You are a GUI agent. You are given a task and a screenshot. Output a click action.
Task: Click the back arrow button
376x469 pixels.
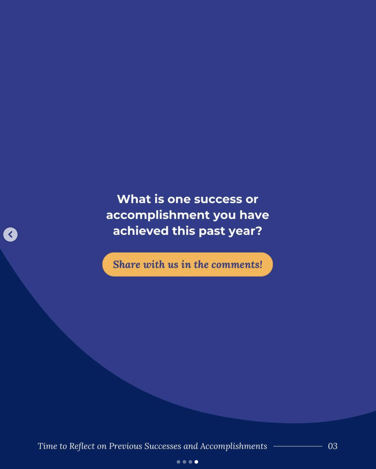(x=10, y=234)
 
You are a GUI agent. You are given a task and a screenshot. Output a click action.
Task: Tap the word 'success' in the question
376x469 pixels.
(x=218, y=199)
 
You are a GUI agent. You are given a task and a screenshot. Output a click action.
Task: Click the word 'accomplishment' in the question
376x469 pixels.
(x=158, y=215)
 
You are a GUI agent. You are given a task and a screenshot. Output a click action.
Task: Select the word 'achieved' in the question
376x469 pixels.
(x=141, y=231)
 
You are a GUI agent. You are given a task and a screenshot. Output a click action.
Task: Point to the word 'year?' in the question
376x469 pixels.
(x=245, y=231)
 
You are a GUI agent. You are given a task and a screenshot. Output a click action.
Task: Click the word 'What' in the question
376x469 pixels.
(x=134, y=199)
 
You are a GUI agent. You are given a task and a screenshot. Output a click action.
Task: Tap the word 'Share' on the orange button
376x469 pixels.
(x=126, y=264)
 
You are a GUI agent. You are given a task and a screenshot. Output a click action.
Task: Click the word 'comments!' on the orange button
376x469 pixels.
(x=237, y=265)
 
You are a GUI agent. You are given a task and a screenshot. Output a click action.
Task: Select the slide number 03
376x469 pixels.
(x=333, y=446)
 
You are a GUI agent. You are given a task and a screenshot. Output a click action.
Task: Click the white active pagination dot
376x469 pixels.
(x=196, y=462)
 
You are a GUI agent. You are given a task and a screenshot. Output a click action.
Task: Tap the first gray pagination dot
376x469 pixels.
(x=178, y=462)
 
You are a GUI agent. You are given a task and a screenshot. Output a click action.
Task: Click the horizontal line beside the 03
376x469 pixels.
(x=298, y=446)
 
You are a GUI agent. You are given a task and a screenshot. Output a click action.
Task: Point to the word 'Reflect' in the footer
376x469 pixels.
(x=82, y=446)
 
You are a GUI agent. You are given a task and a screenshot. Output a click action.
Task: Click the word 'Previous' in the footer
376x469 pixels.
(x=126, y=446)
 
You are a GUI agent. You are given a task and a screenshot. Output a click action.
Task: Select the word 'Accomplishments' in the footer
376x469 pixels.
(x=234, y=446)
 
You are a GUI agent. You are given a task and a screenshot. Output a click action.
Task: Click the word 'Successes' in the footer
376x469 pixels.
(x=163, y=446)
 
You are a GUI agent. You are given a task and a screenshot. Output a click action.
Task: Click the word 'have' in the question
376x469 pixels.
(x=254, y=215)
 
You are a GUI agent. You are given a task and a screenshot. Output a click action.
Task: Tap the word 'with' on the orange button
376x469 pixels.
(x=154, y=264)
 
